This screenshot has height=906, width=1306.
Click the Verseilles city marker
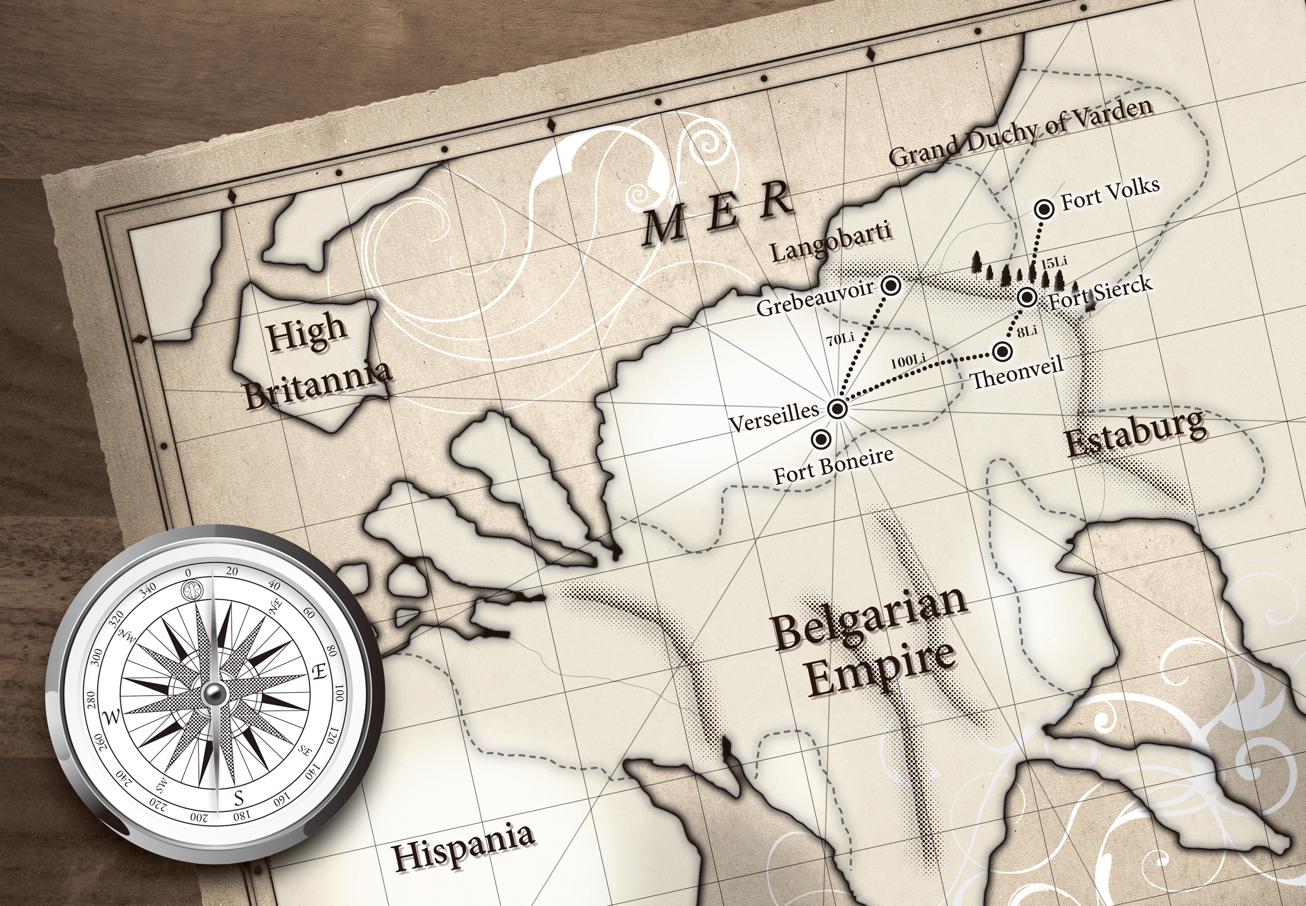click(x=838, y=408)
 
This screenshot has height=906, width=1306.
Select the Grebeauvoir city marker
click(x=891, y=286)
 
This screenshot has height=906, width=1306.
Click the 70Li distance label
click(x=840, y=339)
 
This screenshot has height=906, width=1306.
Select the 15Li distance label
click(x=1054, y=262)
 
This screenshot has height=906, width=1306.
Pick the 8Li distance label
click(x=1026, y=331)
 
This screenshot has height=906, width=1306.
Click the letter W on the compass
click(x=112, y=717)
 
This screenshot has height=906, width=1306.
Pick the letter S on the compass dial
click(x=239, y=798)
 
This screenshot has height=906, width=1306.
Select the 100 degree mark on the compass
click(x=339, y=693)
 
